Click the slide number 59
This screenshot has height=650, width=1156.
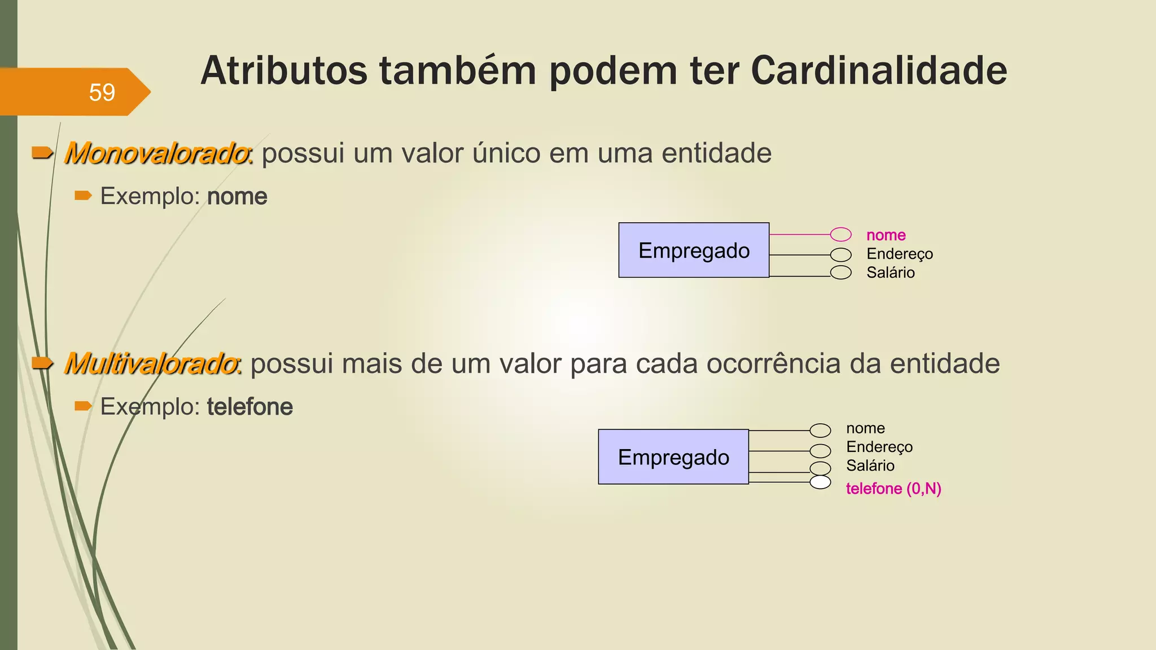click(x=102, y=93)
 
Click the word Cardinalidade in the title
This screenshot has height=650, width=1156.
click(x=879, y=71)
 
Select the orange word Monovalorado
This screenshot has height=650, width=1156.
click(x=157, y=153)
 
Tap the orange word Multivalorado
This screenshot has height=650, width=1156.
click(x=151, y=364)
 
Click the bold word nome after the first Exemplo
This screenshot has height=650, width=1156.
click(x=237, y=197)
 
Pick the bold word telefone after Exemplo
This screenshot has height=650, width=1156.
click(x=249, y=407)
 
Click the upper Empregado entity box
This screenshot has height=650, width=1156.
click(x=694, y=251)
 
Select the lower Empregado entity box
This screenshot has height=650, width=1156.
click(x=673, y=457)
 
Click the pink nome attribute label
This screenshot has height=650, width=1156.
click(x=886, y=235)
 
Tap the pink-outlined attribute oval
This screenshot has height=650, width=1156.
click(x=840, y=234)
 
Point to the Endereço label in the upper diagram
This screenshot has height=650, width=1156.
click(x=900, y=254)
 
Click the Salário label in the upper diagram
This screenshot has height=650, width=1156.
click(x=890, y=273)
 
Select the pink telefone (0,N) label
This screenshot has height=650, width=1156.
click(x=893, y=489)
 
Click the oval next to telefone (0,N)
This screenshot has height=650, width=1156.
click(x=820, y=482)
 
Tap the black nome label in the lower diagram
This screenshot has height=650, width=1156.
click(x=865, y=428)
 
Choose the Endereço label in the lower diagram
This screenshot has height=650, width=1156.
click(x=879, y=447)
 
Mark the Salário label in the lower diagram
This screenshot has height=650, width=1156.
click(x=870, y=466)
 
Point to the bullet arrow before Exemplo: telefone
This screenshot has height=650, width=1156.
click(x=83, y=406)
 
